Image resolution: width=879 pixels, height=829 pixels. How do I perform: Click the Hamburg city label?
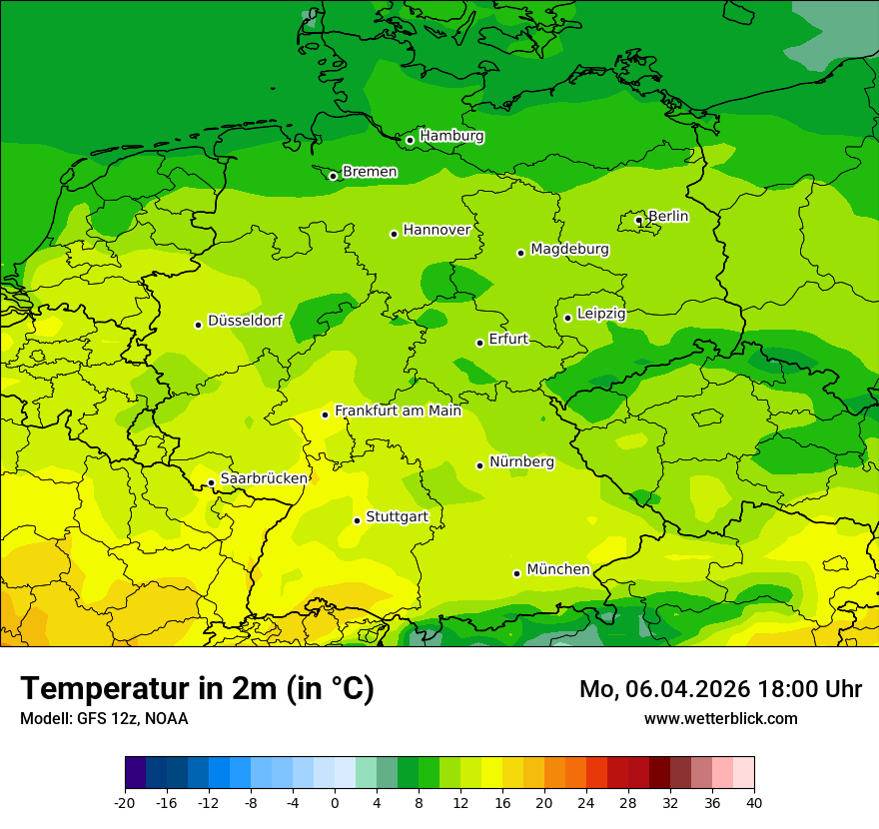451,136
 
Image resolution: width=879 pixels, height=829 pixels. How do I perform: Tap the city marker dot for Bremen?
334,176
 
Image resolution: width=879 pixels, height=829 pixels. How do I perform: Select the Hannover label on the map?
437,230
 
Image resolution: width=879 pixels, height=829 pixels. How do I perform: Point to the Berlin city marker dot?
639,221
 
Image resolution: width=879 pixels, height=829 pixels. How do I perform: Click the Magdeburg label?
569,249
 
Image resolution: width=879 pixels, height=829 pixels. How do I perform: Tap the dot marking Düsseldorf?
199,325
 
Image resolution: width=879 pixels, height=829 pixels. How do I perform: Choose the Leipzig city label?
601,314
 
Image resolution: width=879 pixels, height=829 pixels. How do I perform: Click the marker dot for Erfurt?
480,343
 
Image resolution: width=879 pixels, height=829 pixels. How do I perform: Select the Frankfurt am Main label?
398,411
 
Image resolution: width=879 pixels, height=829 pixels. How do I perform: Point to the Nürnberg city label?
521,461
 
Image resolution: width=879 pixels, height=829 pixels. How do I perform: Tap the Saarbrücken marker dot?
212,483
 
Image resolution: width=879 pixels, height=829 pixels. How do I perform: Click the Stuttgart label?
397,516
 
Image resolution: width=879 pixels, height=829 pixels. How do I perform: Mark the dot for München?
517,573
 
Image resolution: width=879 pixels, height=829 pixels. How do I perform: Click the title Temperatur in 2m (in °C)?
197,689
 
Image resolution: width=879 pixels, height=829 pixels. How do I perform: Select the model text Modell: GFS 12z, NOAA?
104,719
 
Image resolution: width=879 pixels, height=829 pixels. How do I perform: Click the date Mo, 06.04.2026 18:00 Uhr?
720,689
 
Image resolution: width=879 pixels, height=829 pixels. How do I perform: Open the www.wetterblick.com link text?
720,719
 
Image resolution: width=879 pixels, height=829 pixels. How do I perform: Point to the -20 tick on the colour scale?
125,803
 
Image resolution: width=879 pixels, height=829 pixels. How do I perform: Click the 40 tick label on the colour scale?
754,803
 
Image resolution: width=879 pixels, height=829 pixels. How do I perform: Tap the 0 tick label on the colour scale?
335,803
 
